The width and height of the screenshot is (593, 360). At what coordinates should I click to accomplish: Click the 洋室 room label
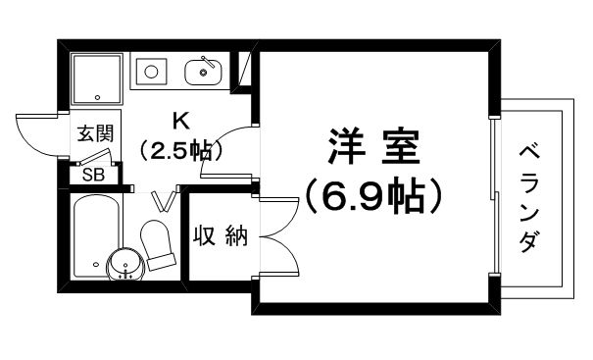[373, 147]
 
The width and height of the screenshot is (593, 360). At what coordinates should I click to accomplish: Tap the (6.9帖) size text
[373, 196]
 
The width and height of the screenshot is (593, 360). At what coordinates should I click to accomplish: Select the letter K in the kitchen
[180, 122]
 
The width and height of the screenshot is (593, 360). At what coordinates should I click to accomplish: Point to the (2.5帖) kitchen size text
[180, 150]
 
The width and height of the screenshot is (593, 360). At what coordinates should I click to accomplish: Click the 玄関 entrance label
[95, 132]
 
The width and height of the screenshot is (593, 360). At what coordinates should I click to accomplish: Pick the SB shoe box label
[93, 175]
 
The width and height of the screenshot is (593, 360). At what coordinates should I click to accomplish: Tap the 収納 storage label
[221, 235]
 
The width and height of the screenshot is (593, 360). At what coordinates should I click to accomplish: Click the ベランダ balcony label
[528, 199]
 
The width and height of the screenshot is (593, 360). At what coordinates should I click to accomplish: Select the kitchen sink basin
[203, 72]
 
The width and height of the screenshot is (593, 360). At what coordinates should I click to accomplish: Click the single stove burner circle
[151, 72]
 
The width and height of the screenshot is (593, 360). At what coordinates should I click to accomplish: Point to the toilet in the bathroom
[158, 244]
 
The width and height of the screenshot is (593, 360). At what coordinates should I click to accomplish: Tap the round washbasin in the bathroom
[125, 264]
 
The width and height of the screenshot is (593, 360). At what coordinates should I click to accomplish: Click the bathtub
[97, 235]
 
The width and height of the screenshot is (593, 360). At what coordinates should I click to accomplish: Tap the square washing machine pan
[97, 78]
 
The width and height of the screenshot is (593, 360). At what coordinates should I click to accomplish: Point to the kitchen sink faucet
[208, 61]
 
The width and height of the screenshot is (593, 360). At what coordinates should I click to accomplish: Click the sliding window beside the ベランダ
[494, 196]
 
